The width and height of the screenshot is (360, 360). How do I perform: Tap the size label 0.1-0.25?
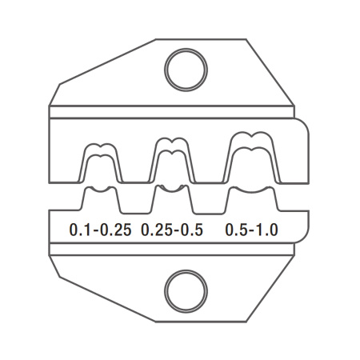click(100, 230)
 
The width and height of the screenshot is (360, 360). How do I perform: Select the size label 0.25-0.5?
click(172, 230)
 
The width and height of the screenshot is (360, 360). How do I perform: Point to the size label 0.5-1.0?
click(251, 230)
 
